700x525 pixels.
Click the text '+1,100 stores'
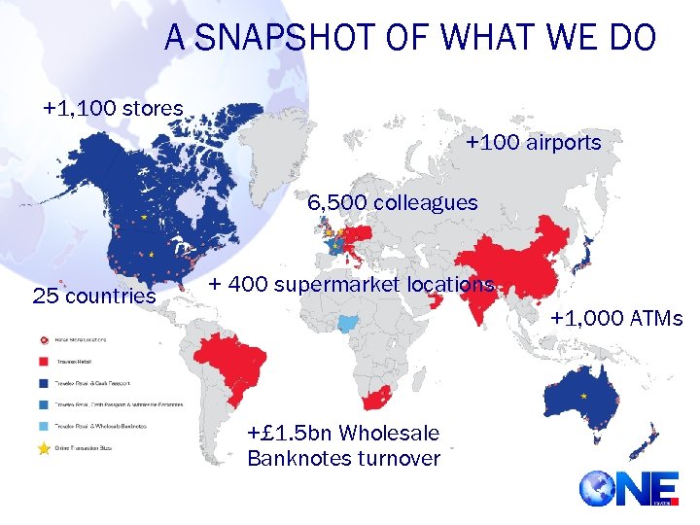(x=113, y=108)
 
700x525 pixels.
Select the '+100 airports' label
(x=533, y=143)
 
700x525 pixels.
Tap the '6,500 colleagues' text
(x=393, y=203)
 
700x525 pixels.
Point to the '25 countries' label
(x=94, y=295)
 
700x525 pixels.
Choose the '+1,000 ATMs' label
(x=616, y=318)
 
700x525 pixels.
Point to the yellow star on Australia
(x=582, y=397)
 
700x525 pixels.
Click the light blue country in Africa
(x=347, y=324)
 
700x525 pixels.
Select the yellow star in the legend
(x=44, y=445)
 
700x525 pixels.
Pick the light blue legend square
(x=44, y=425)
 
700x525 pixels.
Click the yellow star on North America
(x=144, y=219)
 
